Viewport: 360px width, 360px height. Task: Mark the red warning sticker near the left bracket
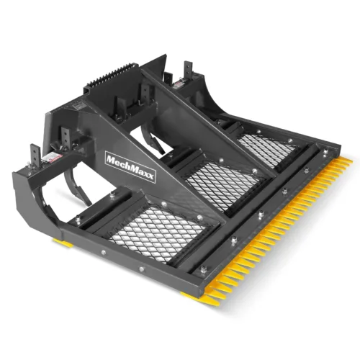pyautogui.click(x=51, y=158)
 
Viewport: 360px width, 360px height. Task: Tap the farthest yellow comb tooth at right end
pyautogui.click(x=347, y=164)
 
